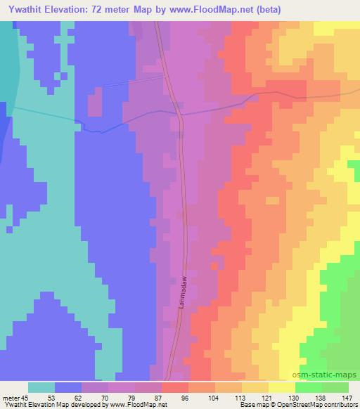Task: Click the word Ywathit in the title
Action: pyautogui.click(x=27, y=8)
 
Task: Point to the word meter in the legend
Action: pyautogui.click(x=13, y=398)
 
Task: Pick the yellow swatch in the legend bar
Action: pyautogui.click(x=281, y=387)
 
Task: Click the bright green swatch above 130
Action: pyautogui.click(x=308, y=387)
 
